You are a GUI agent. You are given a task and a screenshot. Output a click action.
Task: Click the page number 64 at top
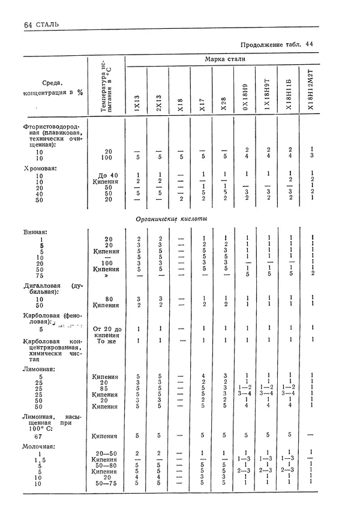tap(28, 25)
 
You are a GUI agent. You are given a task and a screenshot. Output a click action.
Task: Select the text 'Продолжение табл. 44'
tap(277, 44)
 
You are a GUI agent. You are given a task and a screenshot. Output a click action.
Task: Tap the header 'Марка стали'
tap(224, 59)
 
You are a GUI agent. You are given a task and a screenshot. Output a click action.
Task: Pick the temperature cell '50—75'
tap(109, 482)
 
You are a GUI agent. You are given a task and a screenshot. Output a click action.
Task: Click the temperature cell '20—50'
tap(109, 453)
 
